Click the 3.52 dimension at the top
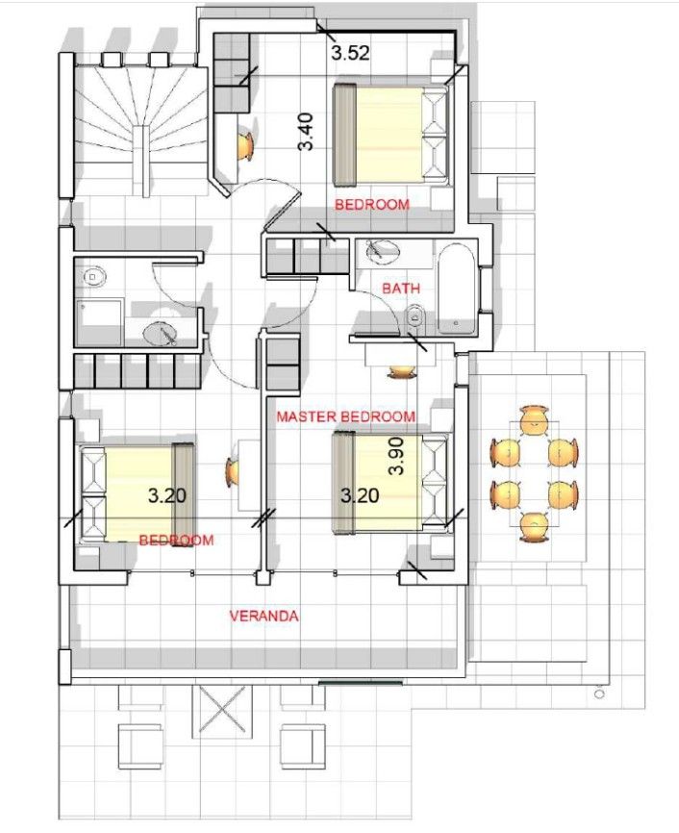(350, 54)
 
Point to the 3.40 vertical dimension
(306, 133)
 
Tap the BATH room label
(400, 288)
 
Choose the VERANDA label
(263, 616)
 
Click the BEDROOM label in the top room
(371, 204)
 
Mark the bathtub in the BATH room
(453, 288)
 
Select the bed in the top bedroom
(390, 134)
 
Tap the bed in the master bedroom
(390, 482)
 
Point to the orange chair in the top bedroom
(245, 144)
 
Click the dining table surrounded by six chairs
(534, 471)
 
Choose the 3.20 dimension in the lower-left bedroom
(166, 495)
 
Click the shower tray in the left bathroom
(100, 321)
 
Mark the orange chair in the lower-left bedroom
(234, 472)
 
